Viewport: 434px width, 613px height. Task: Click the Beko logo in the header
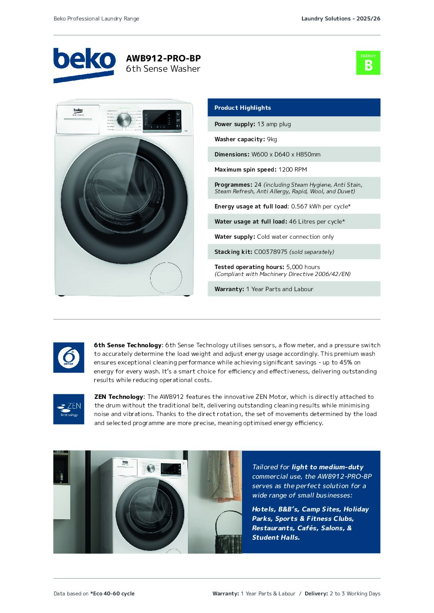tap(84, 64)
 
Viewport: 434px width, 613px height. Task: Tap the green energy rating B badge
tap(368, 63)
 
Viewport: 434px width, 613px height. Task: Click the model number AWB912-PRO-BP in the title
tap(163, 59)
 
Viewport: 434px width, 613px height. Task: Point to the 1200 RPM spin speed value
tap(292, 170)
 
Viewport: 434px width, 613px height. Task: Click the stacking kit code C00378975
tap(271, 252)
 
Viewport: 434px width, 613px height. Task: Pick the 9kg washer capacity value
tap(272, 139)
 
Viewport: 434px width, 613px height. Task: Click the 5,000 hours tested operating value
tap(303, 267)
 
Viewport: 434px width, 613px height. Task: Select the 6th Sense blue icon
tap(69, 357)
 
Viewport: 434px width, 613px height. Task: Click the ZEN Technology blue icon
tap(69, 409)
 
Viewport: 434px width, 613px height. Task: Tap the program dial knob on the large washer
tap(124, 120)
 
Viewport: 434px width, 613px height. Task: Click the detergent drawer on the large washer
tap(78, 120)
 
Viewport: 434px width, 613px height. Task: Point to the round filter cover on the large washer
tap(166, 278)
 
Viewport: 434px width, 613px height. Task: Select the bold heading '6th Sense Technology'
tap(128, 345)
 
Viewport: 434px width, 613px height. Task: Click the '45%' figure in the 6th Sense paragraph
tap(346, 362)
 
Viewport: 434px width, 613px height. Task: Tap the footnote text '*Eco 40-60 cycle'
tap(112, 593)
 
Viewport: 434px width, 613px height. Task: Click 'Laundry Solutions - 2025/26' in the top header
tap(340, 18)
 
